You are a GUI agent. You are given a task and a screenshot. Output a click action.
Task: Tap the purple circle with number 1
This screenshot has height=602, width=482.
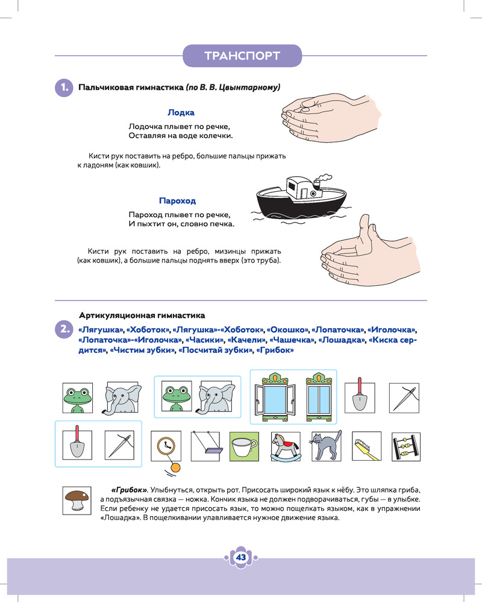pos(63,87)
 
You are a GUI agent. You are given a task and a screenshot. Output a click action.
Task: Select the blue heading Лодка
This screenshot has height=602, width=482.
pos(181,112)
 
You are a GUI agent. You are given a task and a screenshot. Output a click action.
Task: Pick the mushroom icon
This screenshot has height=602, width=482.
pos(77,500)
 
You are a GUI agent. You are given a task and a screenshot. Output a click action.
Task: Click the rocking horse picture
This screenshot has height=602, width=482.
pos(284,447)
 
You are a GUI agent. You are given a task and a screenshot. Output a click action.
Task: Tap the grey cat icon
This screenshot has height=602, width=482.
pos(326,446)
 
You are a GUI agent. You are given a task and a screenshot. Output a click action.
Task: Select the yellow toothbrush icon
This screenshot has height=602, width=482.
pos(367,447)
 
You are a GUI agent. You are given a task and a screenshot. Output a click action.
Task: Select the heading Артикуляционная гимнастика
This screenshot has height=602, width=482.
pos(142,315)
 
